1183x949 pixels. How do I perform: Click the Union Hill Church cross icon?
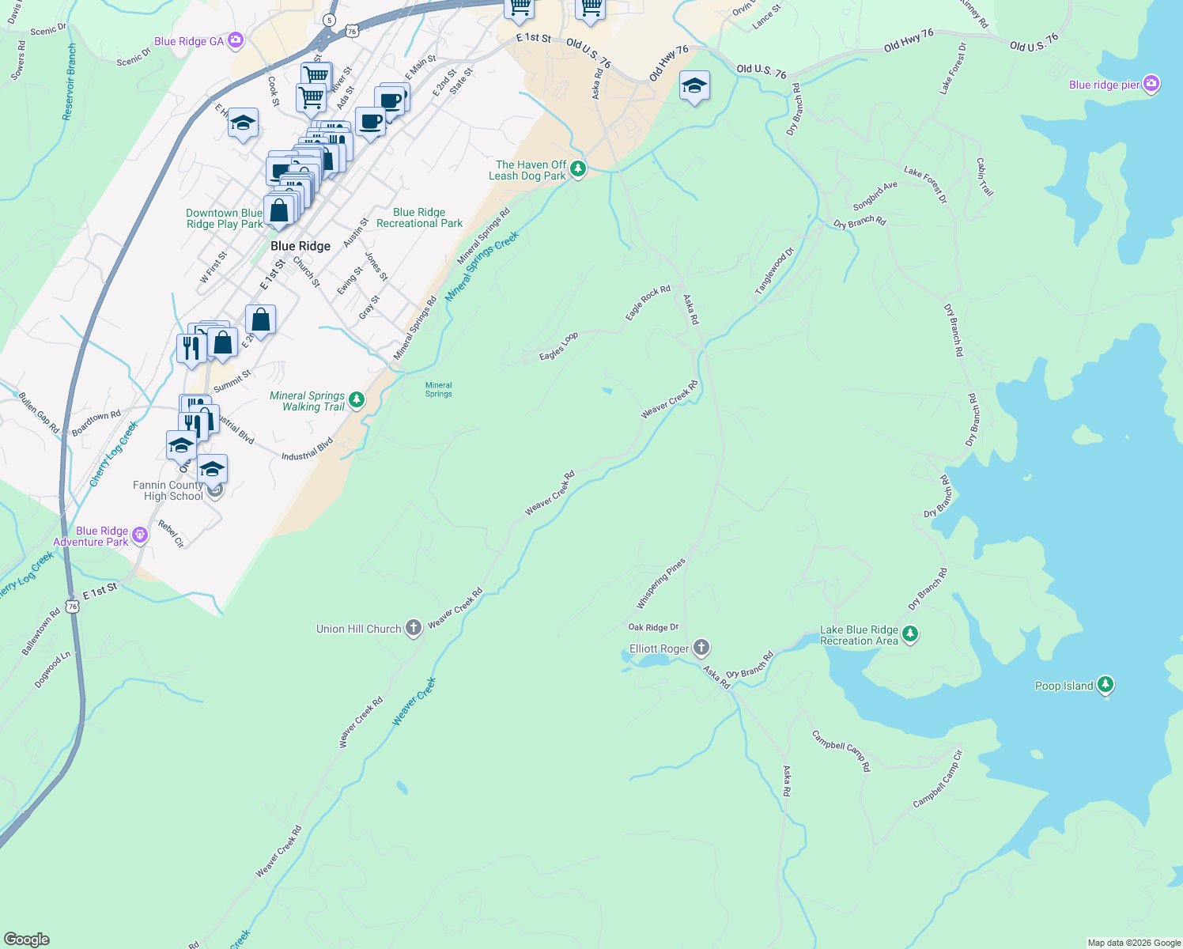(x=413, y=628)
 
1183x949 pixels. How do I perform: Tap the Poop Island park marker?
(x=1106, y=685)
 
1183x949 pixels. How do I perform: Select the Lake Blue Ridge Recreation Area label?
(x=859, y=635)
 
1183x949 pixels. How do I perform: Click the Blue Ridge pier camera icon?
(x=1151, y=84)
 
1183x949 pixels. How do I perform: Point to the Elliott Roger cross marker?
(x=701, y=648)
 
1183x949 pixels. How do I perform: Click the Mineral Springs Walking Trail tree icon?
(x=357, y=400)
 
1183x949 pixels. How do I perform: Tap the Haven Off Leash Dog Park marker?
(x=578, y=168)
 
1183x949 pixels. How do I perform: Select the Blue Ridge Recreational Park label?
(x=419, y=217)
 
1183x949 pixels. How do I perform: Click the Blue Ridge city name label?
(x=300, y=246)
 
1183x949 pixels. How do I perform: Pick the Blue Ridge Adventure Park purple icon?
(x=140, y=535)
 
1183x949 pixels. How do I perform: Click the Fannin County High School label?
(x=168, y=490)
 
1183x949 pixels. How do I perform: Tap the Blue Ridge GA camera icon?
(x=236, y=40)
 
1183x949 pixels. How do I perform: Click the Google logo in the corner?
(x=26, y=939)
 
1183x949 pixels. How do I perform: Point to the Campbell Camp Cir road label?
(x=938, y=779)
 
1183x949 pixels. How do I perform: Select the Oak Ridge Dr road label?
(x=653, y=627)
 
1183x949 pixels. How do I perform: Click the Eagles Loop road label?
(x=558, y=346)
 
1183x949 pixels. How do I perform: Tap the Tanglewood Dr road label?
(x=773, y=272)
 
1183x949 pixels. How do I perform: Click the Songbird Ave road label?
(x=875, y=196)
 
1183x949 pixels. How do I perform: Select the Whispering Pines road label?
(x=661, y=584)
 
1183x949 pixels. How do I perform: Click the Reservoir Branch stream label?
(x=70, y=82)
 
